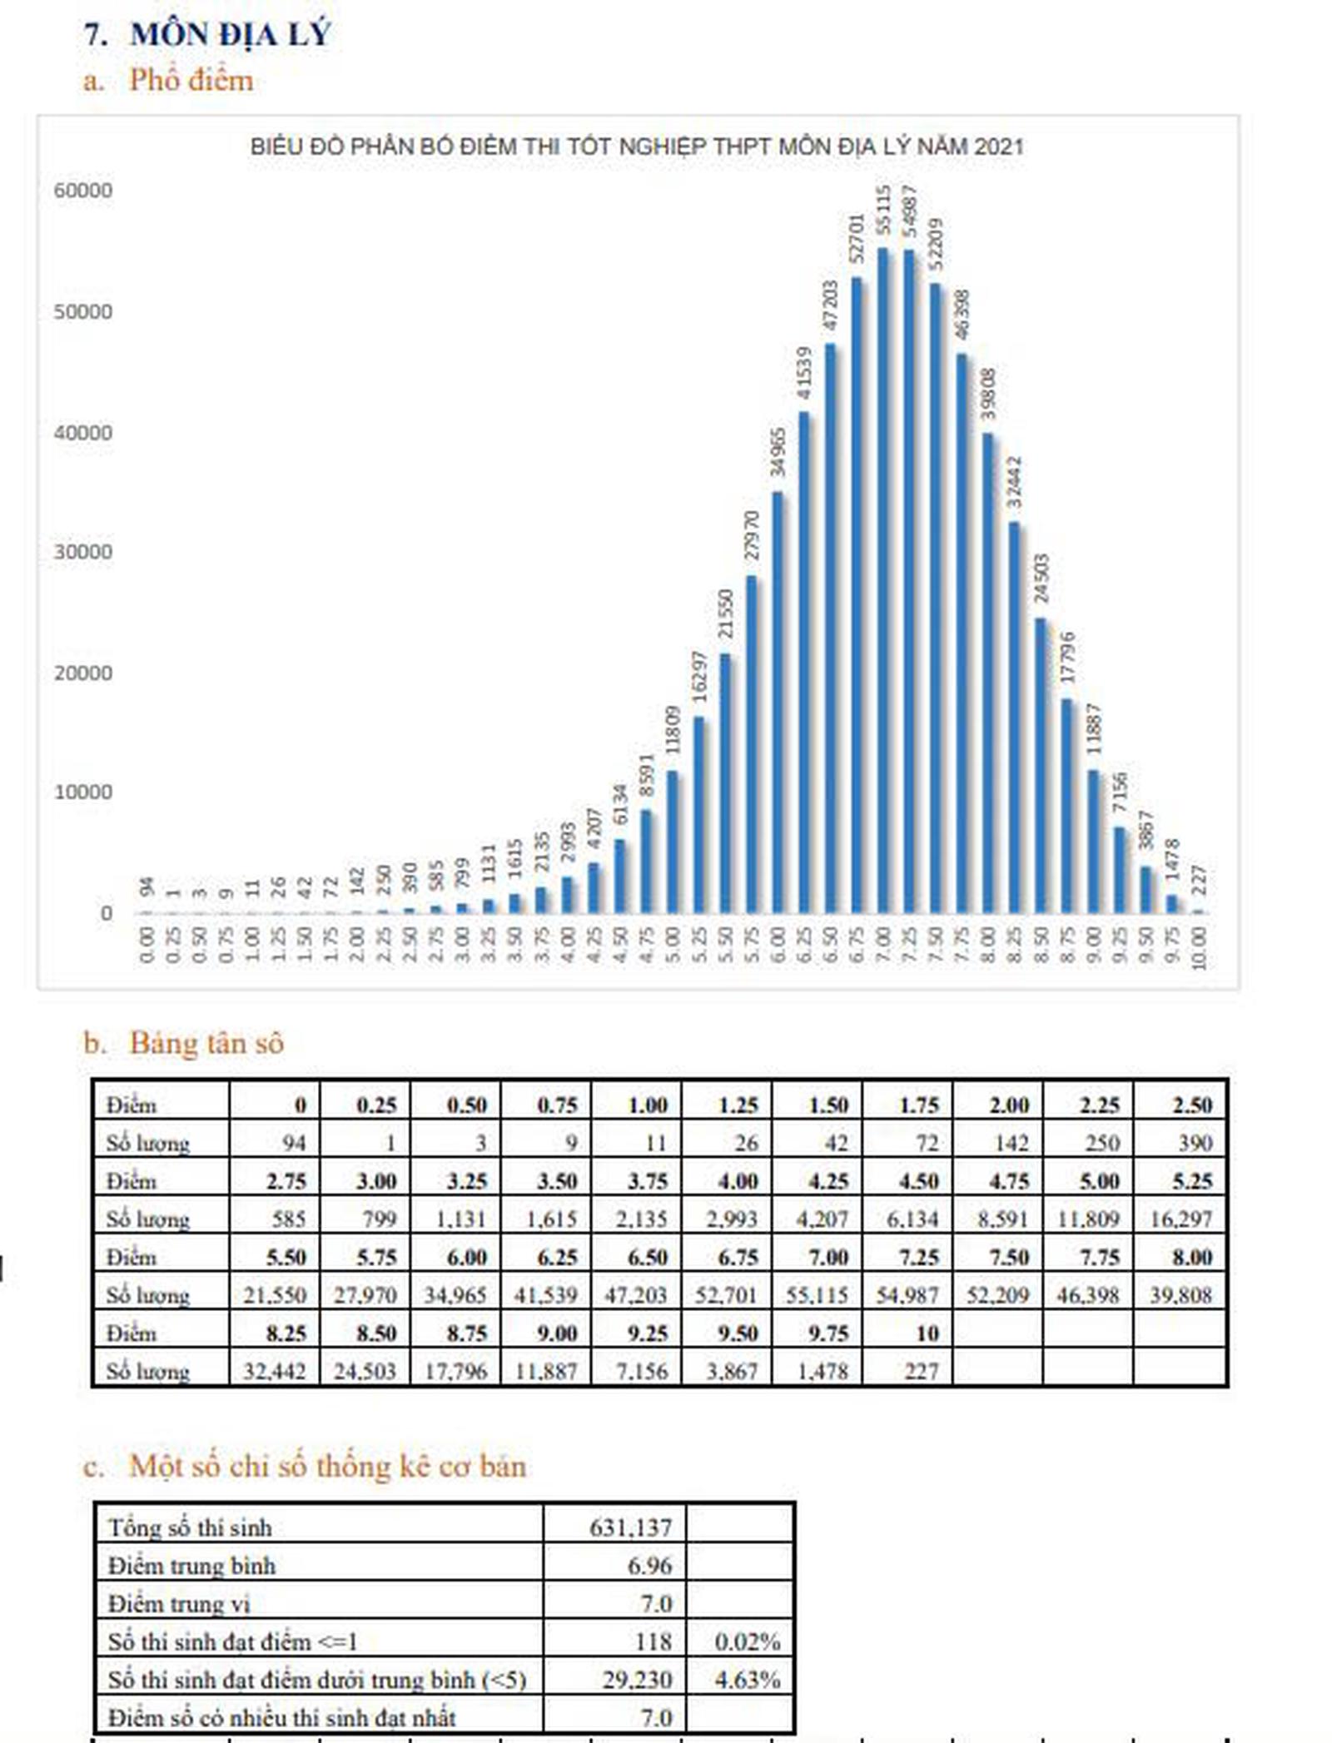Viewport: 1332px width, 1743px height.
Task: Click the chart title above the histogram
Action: point(636,147)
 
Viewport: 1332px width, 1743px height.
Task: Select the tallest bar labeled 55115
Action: point(882,583)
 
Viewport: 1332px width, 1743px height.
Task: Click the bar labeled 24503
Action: point(1041,766)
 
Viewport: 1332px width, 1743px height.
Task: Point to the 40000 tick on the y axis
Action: point(83,433)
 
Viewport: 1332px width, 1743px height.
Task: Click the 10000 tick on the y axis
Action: point(83,792)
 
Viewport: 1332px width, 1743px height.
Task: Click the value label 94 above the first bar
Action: point(147,887)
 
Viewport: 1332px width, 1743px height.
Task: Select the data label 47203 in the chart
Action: point(829,305)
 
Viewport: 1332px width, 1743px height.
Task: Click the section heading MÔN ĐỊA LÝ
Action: point(231,35)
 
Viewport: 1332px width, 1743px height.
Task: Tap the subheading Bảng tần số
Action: point(206,1043)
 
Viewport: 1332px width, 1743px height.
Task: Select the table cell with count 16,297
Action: point(1180,1219)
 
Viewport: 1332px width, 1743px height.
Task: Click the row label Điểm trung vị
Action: point(179,1604)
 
